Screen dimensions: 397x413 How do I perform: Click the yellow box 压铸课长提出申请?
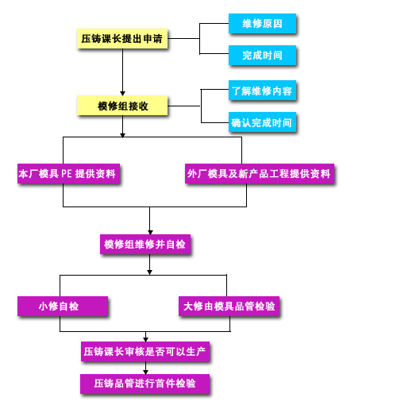click(x=122, y=39)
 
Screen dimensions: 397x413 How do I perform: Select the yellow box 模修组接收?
click(x=122, y=106)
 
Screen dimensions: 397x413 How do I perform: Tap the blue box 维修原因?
click(x=262, y=24)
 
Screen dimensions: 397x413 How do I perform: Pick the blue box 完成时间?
click(x=262, y=55)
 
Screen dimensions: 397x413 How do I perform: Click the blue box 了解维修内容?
click(x=262, y=91)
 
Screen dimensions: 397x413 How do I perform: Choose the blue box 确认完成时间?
click(x=262, y=122)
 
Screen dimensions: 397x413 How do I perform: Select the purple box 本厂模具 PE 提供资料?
click(x=69, y=174)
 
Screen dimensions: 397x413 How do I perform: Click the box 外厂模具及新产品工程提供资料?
click(x=260, y=174)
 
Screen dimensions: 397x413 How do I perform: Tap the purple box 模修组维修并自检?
click(x=145, y=245)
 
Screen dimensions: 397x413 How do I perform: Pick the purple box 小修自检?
click(x=63, y=307)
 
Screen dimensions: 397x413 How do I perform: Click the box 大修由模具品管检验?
click(x=229, y=307)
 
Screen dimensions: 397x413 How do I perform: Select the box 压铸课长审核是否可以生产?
click(x=145, y=352)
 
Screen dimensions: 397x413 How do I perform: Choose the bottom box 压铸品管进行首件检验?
click(x=145, y=384)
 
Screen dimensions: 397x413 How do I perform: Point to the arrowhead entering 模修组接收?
click(x=122, y=94)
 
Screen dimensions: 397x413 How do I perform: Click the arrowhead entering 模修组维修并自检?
click(x=150, y=233)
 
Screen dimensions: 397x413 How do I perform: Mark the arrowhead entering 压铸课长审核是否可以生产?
click(x=145, y=340)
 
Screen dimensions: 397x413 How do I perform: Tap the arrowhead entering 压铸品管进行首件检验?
click(x=145, y=372)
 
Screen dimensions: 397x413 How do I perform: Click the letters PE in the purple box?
click(x=67, y=174)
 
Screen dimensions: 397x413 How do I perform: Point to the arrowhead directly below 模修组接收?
click(x=122, y=135)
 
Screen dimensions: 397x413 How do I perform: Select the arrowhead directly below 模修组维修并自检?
click(x=149, y=272)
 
